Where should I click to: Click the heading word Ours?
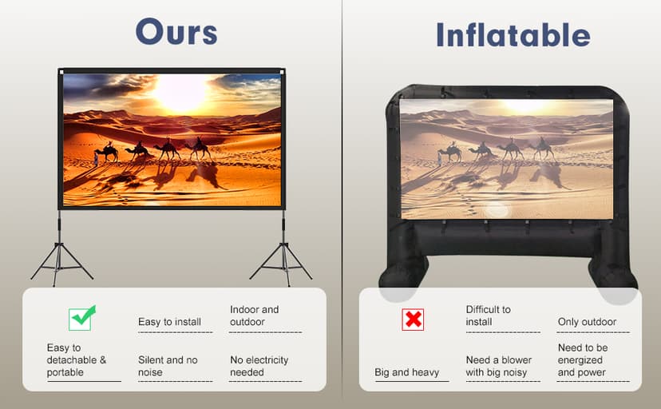[176, 32]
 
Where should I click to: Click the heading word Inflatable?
[513, 34]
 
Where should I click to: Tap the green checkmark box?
[81, 318]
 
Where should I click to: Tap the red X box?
[413, 320]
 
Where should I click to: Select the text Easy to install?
[169, 322]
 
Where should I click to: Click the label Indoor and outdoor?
[254, 316]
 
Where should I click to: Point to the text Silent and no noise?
[168, 366]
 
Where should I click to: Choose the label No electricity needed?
[259, 366]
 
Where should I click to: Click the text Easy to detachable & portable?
[77, 359]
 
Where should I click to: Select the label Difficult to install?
[488, 316]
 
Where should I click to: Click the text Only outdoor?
[587, 322]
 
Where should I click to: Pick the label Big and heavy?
[407, 372]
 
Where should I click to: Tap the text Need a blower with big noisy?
[498, 366]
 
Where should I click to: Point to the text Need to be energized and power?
[583, 359]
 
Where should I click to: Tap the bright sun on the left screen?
[180, 93]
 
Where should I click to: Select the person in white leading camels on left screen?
[96, 158]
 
